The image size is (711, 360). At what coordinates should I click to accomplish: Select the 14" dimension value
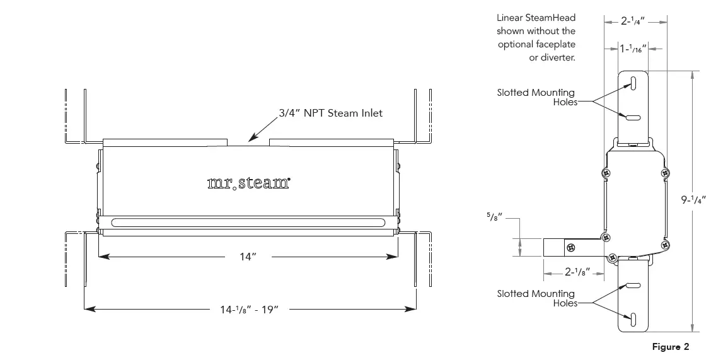pos(248,256)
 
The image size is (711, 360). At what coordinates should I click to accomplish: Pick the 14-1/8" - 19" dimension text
pos(249,309)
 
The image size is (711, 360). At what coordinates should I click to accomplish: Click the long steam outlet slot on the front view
pos(248,222)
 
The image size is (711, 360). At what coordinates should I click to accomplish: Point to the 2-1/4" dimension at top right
pos(635,21)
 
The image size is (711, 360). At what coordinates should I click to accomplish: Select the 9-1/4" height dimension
pos(693,200)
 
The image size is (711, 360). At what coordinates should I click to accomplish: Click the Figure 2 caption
pos(671,347)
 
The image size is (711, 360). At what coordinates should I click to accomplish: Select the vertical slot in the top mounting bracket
pos(634,84)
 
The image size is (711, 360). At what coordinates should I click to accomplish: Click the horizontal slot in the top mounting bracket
pos(634,116)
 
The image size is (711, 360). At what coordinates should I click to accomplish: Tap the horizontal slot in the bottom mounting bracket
pos(634,286)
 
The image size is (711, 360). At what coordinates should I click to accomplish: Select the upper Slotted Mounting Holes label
pos(536,97)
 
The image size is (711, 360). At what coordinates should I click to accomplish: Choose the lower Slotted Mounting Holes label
pos(536,298)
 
